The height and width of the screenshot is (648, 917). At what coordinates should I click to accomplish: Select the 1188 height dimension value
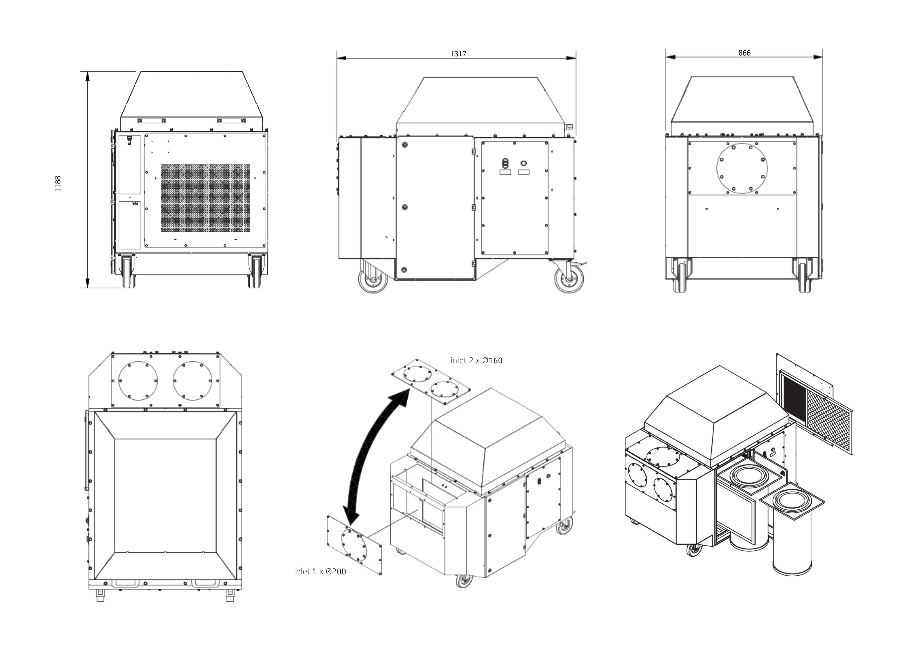[58, 184]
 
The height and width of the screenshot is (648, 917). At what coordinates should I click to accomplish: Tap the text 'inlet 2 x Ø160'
[476, 360]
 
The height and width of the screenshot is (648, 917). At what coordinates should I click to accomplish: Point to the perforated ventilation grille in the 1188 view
[205, 198]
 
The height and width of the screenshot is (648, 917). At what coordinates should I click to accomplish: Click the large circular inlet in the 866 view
[742, 168]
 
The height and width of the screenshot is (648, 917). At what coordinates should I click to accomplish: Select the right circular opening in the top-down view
[193, 381]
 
